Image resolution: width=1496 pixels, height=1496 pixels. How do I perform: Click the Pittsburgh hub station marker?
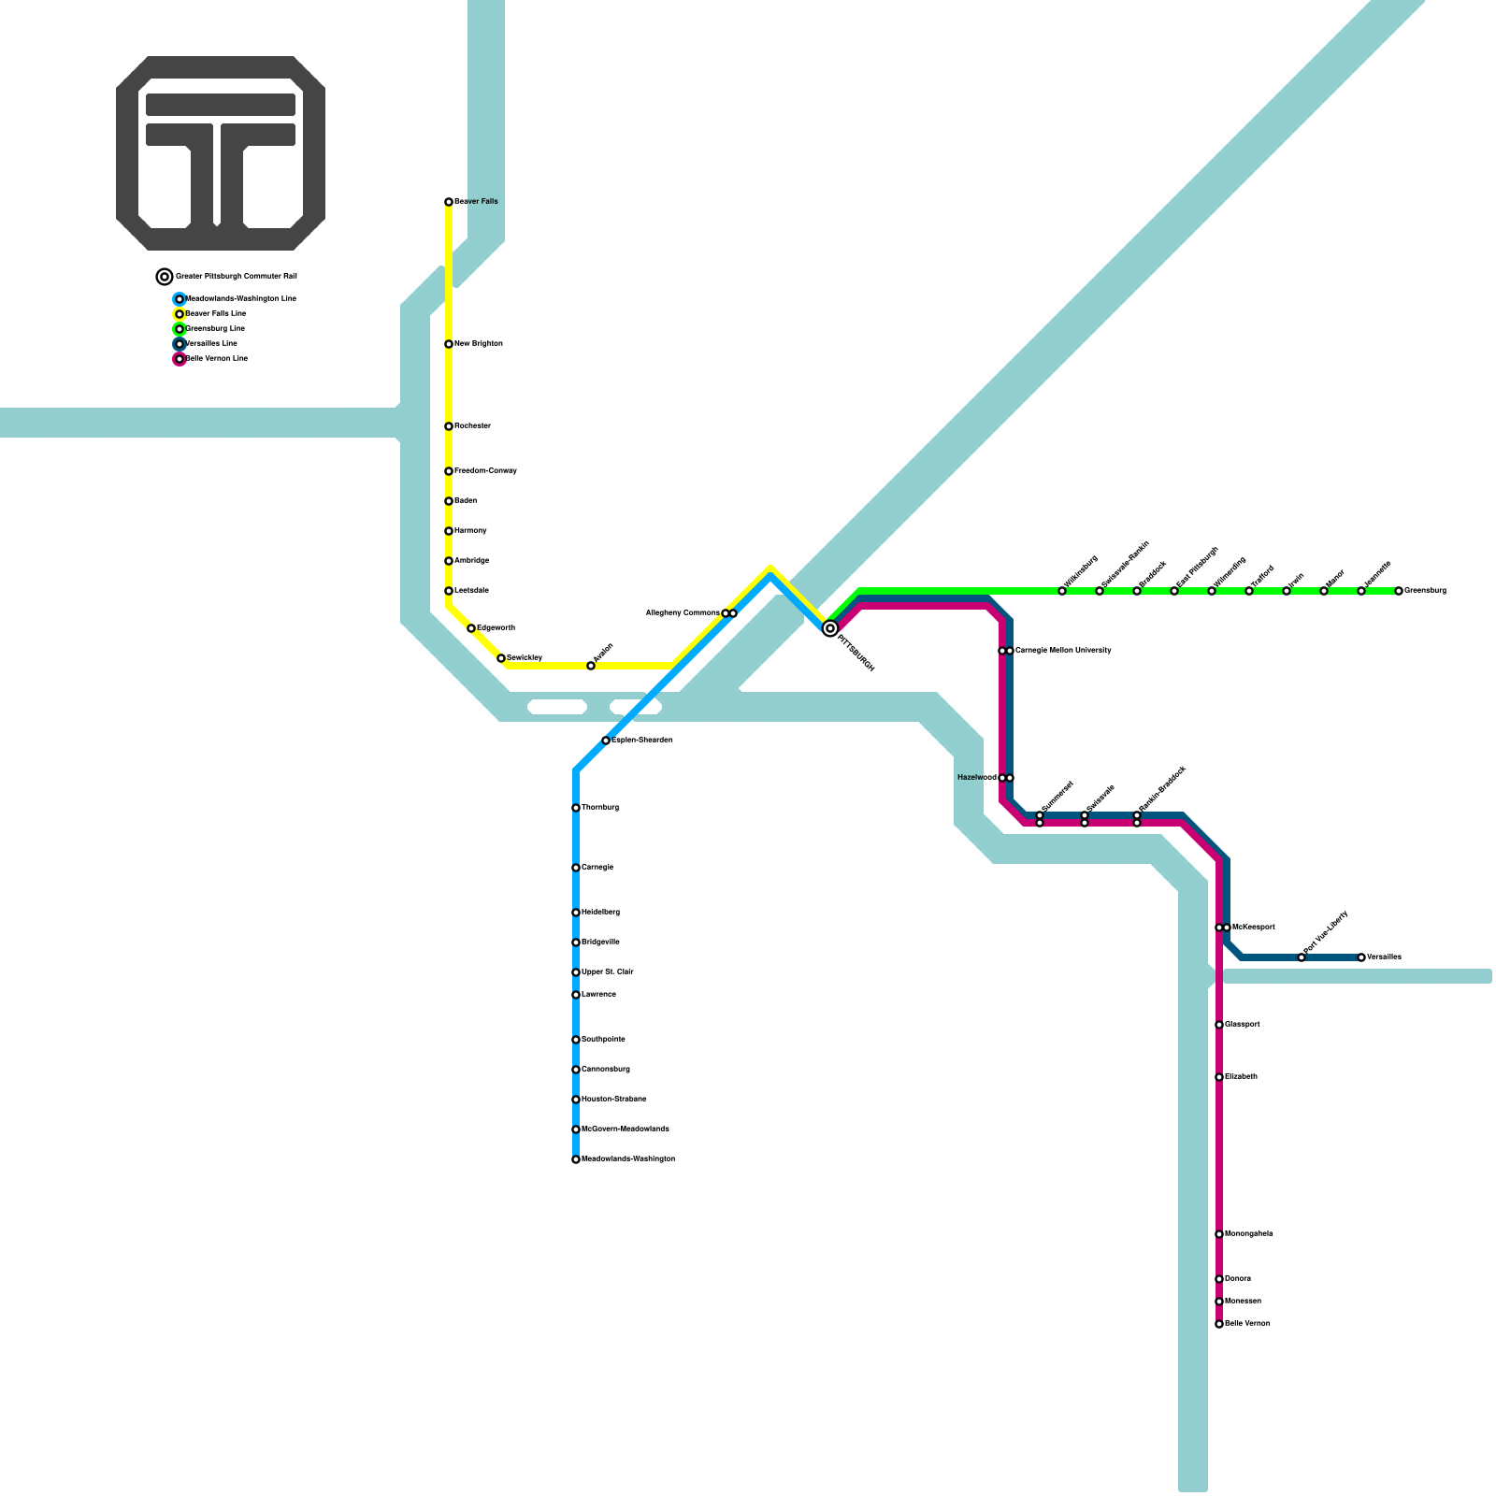tap(829, 629)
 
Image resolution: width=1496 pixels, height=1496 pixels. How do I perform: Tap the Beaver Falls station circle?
tap(449, 202)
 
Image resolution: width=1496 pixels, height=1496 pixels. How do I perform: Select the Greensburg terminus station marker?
tap(1399, 591)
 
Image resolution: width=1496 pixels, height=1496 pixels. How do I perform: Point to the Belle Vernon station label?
tap(1247, 1324)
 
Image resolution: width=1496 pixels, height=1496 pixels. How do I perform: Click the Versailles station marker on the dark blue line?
tap(1361, 957)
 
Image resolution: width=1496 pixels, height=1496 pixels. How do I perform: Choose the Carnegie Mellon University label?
tap(1063, 651)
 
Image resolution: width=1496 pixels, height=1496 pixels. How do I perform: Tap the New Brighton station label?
tap(479, 344)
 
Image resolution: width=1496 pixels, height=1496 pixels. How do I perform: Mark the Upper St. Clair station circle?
tap(576, 972)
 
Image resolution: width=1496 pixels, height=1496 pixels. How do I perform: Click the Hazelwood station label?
tap(976, 778)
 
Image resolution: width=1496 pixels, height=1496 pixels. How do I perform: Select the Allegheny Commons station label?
tap(683, 613)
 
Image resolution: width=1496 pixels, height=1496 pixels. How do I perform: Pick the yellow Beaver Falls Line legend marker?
tap(180, 314)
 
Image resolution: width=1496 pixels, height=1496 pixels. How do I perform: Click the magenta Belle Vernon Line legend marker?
tap(180, 359)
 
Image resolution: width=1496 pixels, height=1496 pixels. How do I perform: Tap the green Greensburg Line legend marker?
tap(180, 329)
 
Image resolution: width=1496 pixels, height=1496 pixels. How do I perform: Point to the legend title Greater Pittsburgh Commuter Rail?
tap(236, 277)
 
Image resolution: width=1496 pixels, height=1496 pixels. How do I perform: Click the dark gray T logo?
tap(221, 153)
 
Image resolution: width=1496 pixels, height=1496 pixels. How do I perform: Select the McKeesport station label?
tap(1253, 928)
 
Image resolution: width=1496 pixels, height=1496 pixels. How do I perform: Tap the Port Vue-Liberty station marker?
tap(1302, 957)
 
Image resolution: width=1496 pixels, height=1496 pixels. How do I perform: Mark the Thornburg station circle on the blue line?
tap(576, 808)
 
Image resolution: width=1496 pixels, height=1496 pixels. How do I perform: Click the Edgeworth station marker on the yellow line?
tap(471, 628)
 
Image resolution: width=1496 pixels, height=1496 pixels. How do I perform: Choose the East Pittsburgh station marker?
tap(1174, 591)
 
